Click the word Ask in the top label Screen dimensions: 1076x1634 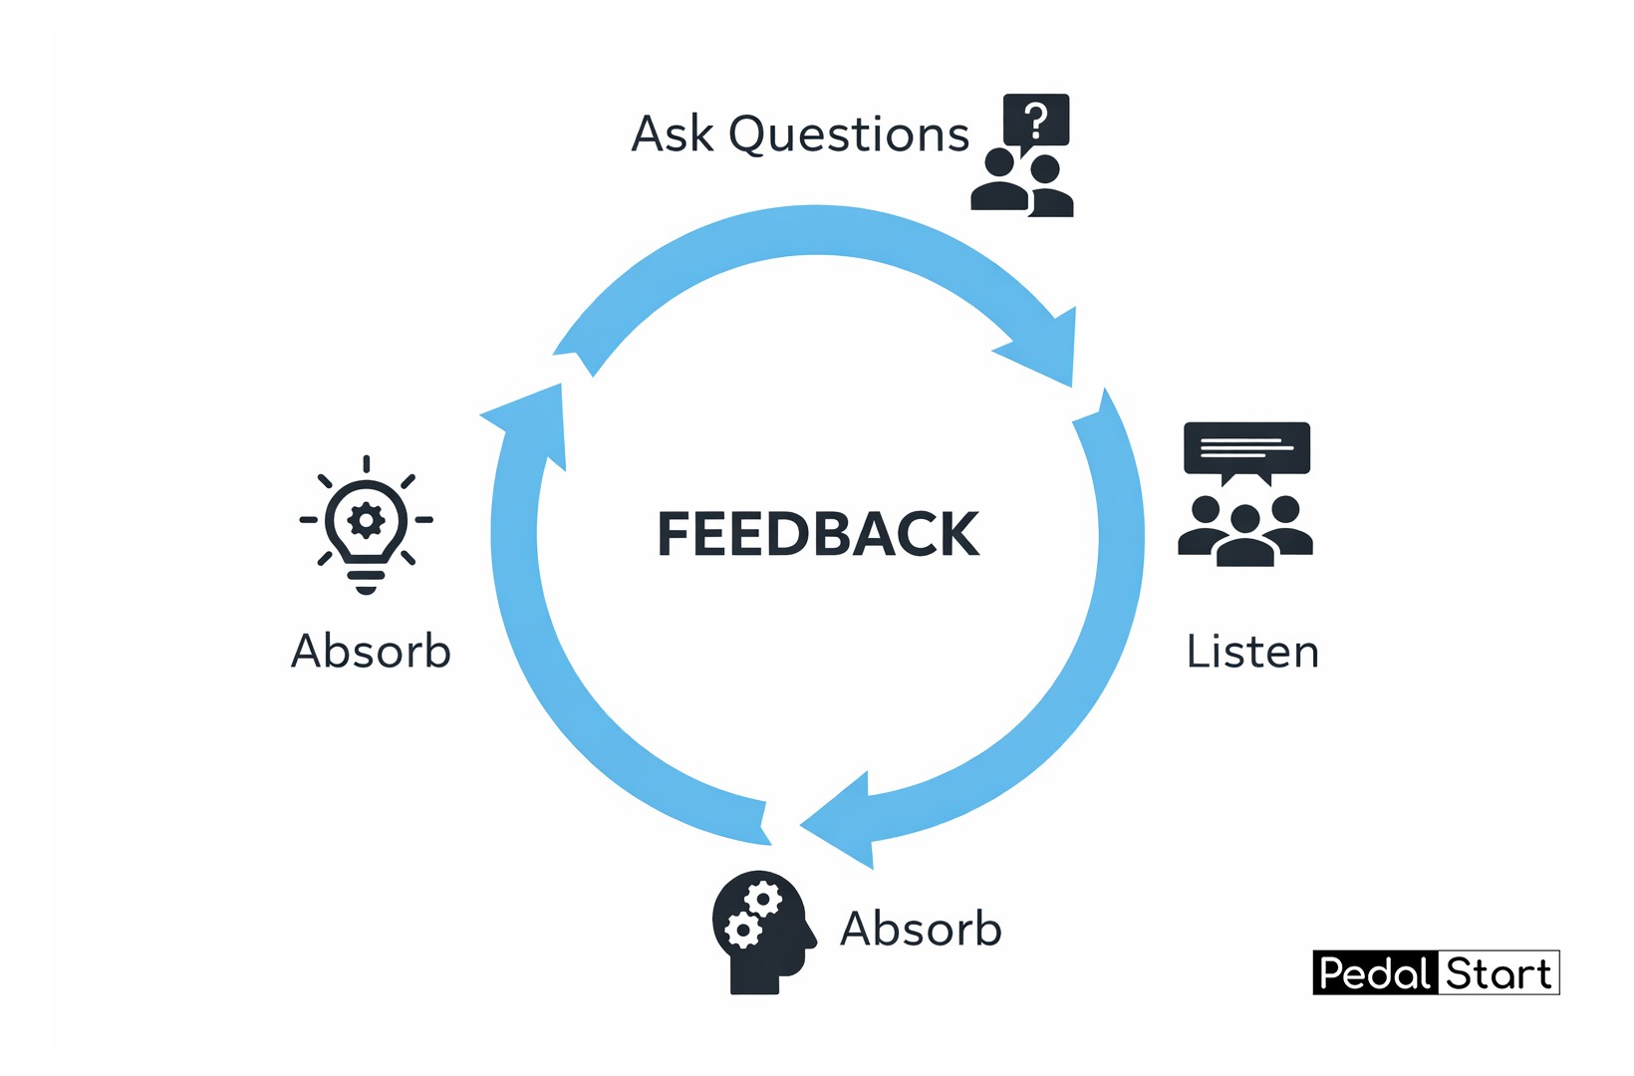click(673, 134)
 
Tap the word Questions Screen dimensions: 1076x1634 click(849, 135)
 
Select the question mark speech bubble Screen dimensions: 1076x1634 click(1036, 121)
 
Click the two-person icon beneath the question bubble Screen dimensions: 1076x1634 click(1022, 185)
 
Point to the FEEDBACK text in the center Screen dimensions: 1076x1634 click(818, 534)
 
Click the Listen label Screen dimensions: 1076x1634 click(1252, 652)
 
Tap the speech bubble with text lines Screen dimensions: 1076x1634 click(1246, 449)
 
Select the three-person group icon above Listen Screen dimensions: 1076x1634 click(1245, 530)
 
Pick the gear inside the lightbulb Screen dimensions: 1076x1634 click(366, 519)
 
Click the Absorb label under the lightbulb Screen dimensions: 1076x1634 click(371, 652)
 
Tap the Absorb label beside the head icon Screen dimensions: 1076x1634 click(921, 929)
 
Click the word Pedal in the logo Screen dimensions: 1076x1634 click(1374, 973)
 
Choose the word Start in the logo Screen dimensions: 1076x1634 click(1498, 973)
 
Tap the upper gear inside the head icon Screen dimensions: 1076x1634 click(763, 899)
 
